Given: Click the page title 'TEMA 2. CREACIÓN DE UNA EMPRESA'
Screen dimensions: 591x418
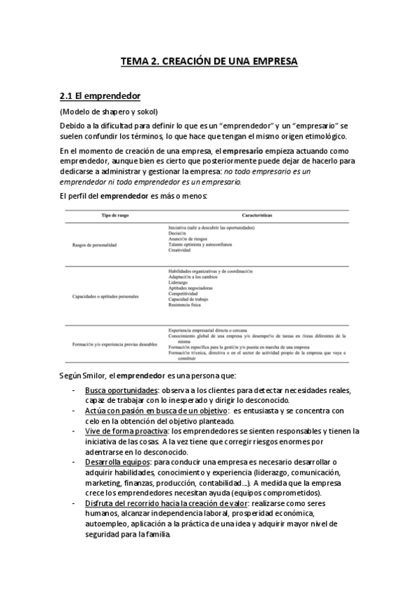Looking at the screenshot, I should (x=209, y=61).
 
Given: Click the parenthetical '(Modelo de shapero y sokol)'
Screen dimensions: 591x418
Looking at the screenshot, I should (x=109, y=112).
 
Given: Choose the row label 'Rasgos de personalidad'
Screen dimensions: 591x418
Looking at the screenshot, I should (x=94, y=245).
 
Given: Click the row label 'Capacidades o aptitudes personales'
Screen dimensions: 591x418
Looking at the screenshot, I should (x=105, y=296).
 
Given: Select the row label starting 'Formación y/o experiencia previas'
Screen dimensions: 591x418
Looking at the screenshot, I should (x=114, y=344).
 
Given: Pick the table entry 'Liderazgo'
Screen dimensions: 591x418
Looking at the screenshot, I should (x=179, y=282).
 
